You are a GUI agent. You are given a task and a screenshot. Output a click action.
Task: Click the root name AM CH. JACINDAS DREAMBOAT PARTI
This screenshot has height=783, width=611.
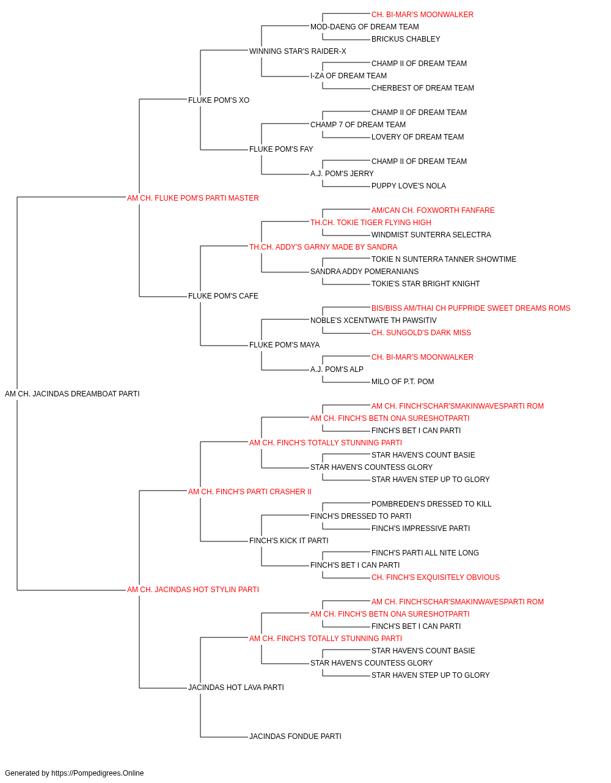72,394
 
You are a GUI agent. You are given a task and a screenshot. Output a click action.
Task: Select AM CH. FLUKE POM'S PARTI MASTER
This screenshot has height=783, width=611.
193,198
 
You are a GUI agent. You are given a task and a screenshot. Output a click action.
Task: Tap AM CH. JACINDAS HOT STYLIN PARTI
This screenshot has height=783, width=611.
193,590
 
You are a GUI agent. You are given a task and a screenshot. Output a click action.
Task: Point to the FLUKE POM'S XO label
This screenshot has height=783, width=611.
219,100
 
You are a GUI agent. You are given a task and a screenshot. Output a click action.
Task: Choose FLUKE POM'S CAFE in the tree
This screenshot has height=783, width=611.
223,296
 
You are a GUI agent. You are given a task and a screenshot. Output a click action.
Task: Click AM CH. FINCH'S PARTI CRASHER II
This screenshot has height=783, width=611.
250,492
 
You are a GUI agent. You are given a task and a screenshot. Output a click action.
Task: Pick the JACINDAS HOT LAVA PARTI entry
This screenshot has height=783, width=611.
236,688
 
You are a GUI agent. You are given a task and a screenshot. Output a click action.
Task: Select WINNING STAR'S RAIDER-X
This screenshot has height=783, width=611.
298,51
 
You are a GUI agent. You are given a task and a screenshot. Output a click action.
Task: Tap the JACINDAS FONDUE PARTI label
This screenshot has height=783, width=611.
296,737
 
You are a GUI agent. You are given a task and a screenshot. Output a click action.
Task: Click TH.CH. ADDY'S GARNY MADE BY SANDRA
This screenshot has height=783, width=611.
323,247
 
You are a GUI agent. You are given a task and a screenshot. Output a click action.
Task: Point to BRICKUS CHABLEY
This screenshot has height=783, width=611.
406,39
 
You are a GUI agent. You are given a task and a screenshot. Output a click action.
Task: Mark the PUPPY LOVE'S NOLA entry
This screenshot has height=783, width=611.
409,186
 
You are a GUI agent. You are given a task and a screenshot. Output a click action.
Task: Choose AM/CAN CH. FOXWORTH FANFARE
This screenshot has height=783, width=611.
433,210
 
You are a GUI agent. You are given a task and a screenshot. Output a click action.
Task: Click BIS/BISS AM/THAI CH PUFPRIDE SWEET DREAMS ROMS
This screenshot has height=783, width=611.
471,308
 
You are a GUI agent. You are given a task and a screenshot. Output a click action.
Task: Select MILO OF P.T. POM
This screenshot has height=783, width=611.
403,382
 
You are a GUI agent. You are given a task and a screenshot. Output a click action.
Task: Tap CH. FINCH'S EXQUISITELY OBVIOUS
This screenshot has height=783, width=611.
436,577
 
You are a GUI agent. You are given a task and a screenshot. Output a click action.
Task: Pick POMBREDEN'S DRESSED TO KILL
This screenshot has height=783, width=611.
431,504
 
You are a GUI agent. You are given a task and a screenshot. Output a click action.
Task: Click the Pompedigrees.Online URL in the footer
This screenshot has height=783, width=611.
98,773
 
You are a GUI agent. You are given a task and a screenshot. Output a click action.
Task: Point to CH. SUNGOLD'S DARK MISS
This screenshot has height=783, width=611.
421,333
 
